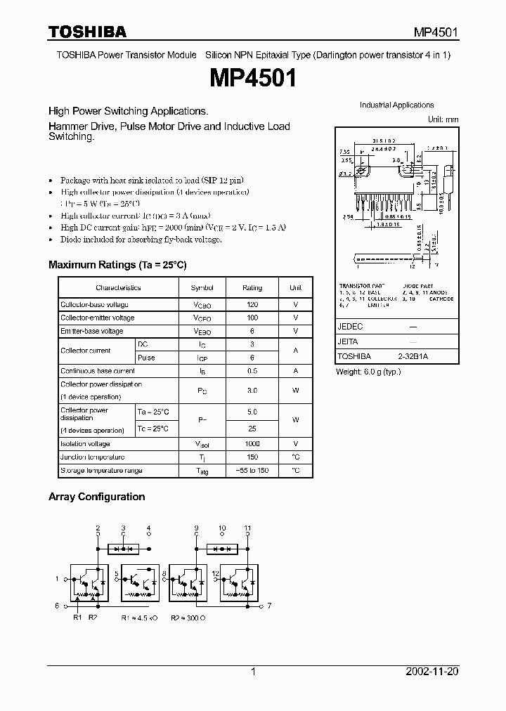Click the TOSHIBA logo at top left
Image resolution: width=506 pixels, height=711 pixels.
coord(87,32)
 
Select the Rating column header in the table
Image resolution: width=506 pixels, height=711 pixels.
coord(252,287)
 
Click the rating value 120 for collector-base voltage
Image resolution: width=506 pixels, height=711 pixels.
coord(252,305)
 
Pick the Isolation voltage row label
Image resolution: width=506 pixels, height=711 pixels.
coord(85,444)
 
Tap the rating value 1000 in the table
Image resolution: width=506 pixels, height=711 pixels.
coord(252,444)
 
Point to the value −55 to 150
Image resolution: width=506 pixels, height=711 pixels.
coord(252,471)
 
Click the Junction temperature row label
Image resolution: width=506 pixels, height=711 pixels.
coord(92,457)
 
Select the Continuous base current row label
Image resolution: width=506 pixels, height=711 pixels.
coord(98,371)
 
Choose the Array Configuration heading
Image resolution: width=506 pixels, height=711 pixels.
coord(96,497)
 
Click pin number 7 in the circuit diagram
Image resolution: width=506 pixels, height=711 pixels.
coord(268,605)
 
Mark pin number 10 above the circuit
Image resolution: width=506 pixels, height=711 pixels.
coord(222,528)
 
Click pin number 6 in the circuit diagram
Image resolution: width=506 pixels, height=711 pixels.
coord(57,605)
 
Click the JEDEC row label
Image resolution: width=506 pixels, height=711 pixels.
coord(350,327)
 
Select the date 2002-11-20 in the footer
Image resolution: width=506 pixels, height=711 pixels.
coord(432,672)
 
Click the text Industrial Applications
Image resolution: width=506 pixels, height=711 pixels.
coord(396,105)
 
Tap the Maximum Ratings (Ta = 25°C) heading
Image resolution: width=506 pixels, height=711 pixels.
coord(117,265)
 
